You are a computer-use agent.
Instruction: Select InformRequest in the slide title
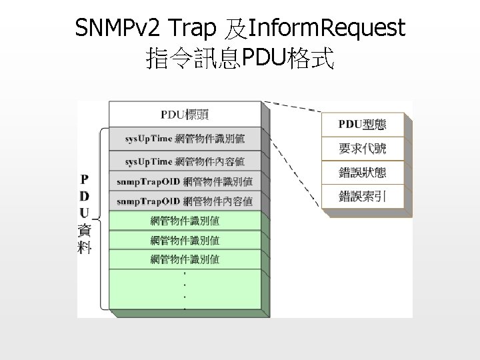(326, 28)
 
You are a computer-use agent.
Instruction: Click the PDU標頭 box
(185, 114)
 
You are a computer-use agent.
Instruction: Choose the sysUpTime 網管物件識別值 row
(185, 139)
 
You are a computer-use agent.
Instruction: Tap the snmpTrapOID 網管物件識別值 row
(185, 181)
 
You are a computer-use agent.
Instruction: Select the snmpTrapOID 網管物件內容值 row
(185, 201)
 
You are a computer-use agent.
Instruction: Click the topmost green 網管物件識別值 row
(185, 221)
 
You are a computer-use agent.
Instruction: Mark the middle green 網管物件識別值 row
(185, 240)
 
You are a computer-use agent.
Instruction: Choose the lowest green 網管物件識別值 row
(185, 259)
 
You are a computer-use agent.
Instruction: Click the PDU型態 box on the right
(362, 125)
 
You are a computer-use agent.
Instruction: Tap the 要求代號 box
(362, 148)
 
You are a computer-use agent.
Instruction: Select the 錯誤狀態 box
(362, 172)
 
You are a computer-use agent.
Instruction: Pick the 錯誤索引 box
(362, 195)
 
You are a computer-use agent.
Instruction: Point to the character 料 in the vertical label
(85, 247)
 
